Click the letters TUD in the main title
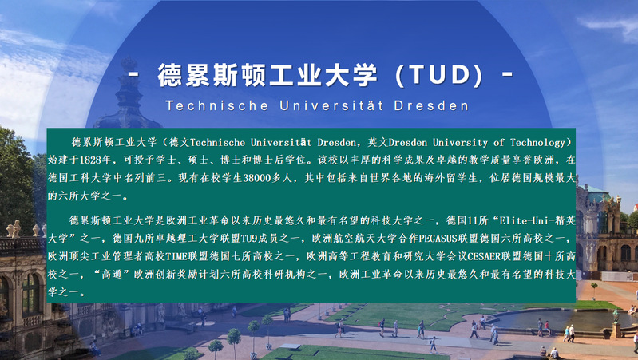pos(439,75)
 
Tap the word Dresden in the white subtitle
pos(431,105)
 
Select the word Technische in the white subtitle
pos(217,105)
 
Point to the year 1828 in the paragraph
pos(90,160)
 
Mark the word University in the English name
pos(460,143)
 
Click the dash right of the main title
pos(507,75)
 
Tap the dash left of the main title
pos(134,75)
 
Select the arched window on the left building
pos(31,293)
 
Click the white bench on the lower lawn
pos(291,346)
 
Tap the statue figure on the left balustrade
pos(16,228)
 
